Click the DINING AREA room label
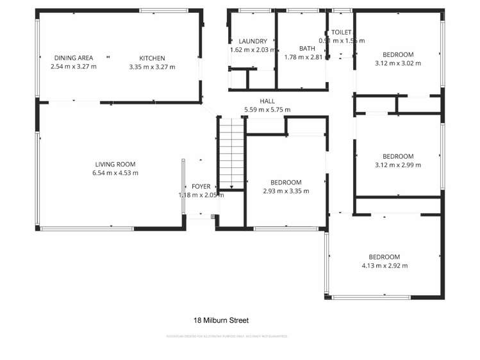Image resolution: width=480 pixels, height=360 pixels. tap(74, 58)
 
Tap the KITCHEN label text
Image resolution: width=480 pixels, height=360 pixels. tap(152, 58)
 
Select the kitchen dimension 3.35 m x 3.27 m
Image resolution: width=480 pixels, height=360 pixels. tap(152, 67)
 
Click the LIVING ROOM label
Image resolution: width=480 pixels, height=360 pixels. tap(115, 164)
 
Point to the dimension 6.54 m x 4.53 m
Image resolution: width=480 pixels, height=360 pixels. tap(115, 173)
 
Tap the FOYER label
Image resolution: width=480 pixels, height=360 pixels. tap(201, 186)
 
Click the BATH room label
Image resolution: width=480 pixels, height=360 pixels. tap(307, 48)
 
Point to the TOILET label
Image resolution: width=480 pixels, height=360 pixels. tap(341, 32)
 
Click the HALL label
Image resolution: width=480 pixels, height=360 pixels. tap(267, 101)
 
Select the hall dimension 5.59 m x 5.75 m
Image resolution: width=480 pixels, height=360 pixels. tap(267, 110)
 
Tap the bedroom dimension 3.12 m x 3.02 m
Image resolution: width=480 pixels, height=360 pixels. tap(398, 63)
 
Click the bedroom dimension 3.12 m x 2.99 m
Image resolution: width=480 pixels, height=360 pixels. tap(398, 165)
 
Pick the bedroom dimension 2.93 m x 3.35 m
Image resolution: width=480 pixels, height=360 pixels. tap(286, 191)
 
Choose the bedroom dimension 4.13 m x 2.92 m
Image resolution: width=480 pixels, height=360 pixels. tap(384, 266)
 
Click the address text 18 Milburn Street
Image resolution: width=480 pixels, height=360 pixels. tap(221, 320)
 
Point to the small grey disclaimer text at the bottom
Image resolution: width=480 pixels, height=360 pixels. tap(227, 336)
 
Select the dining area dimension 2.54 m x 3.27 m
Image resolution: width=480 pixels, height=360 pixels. tap(74, 67)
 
